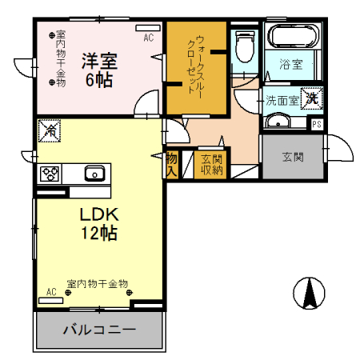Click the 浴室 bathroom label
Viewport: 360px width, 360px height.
click(x=290, y=65)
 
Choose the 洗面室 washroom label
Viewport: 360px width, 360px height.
click(x=282, y=102)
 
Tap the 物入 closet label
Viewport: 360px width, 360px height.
click(x=171, y=163)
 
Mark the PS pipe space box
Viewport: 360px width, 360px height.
click(x=317, y=123)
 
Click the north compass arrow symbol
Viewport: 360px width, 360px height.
click(x=309, y=294)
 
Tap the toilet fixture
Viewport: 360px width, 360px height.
click(x=245, y=47)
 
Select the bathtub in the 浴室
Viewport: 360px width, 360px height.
click(x=293, y=37)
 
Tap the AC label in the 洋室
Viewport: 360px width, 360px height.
click(x=148, y=38)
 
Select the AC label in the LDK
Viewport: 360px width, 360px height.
click(x=51, y=292)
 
